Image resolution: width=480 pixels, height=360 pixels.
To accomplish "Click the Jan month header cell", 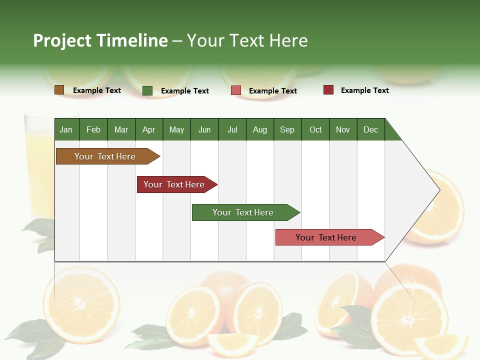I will click(66, 129).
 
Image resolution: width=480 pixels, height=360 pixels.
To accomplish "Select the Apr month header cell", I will click(149, 129).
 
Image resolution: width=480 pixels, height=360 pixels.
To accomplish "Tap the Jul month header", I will click(232, 129).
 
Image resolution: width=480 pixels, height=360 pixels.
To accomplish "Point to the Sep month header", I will click(287, 129).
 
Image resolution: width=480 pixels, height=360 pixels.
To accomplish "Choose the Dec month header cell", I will click(370, 129).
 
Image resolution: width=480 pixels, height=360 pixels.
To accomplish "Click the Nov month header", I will click(343, 129).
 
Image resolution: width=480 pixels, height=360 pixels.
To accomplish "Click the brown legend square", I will click(59, 90).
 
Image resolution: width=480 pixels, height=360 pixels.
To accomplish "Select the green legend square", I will click(147, 90).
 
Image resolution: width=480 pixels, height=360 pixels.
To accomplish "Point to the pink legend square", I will click(236, 90).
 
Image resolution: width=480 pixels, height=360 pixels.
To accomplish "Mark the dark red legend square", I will click(328, 90).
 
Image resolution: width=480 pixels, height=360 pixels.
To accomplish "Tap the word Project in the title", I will click(63, 40).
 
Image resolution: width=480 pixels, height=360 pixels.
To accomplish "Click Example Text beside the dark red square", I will click(364, 90).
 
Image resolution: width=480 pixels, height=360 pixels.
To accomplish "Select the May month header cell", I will click(176, 129).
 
